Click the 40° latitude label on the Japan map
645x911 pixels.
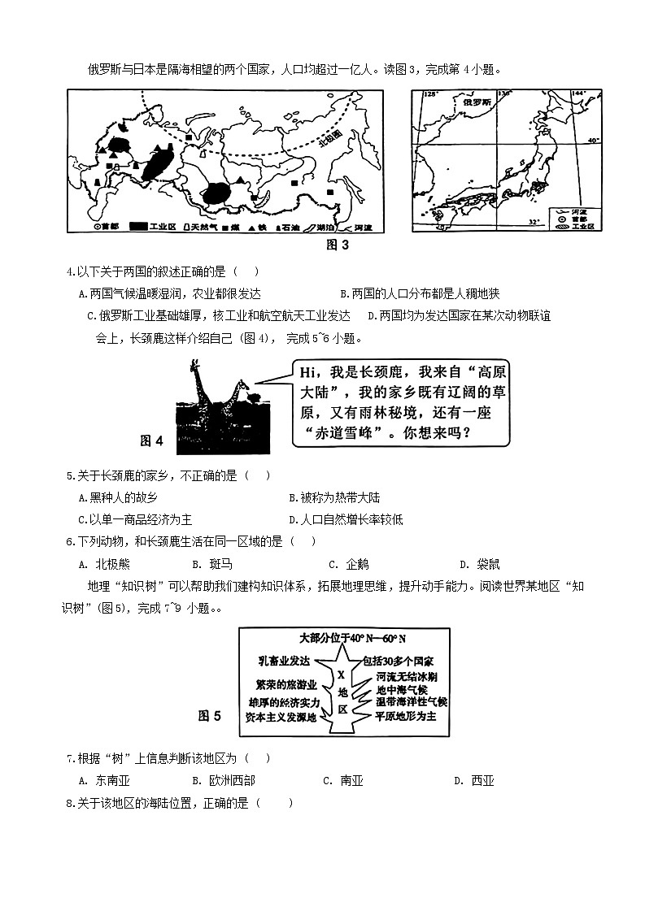click(594, 140)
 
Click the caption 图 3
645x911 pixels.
click(337, 245)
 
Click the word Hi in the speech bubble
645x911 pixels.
click(307, 372)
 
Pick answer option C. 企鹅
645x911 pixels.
click(348, 564)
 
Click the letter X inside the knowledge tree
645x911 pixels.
click(342, 675)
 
